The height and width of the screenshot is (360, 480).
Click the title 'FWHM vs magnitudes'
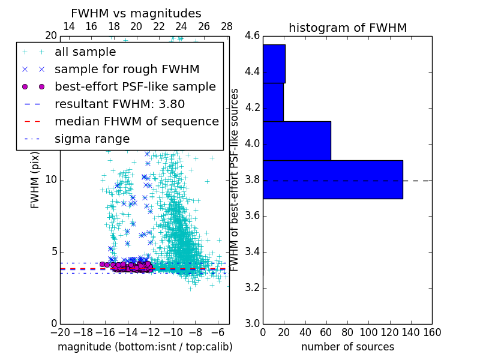tap(136, 13)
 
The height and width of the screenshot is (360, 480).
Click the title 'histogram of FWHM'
tap(347, 28)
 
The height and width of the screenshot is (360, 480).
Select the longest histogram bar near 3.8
tap(332, 179)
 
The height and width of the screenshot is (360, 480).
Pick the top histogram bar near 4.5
tap(274, 64)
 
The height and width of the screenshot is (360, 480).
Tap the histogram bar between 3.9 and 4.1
tap(296, 141)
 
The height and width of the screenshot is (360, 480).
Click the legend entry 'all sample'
tap(85, 52)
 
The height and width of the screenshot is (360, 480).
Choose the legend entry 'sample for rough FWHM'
tap(127, 69)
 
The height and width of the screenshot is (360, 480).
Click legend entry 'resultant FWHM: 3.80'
tap(119, 104)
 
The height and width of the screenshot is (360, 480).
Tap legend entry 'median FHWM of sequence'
tap(136, 121)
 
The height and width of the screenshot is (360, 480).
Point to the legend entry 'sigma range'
tap(92, 139)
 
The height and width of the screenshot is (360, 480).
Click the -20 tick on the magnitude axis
tap(60, 332)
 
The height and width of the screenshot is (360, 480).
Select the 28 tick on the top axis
tap(227, 26)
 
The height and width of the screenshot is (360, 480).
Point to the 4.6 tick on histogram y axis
tap(252, 36)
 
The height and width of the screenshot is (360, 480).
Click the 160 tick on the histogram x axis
tap(432, 332)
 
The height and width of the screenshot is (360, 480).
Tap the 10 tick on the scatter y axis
tap(50, 180)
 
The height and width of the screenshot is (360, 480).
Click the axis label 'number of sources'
tap(347, 347)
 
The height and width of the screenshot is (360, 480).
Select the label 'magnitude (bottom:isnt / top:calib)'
tap(145, 347)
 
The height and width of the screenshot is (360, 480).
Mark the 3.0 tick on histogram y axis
tap(252, 323)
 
